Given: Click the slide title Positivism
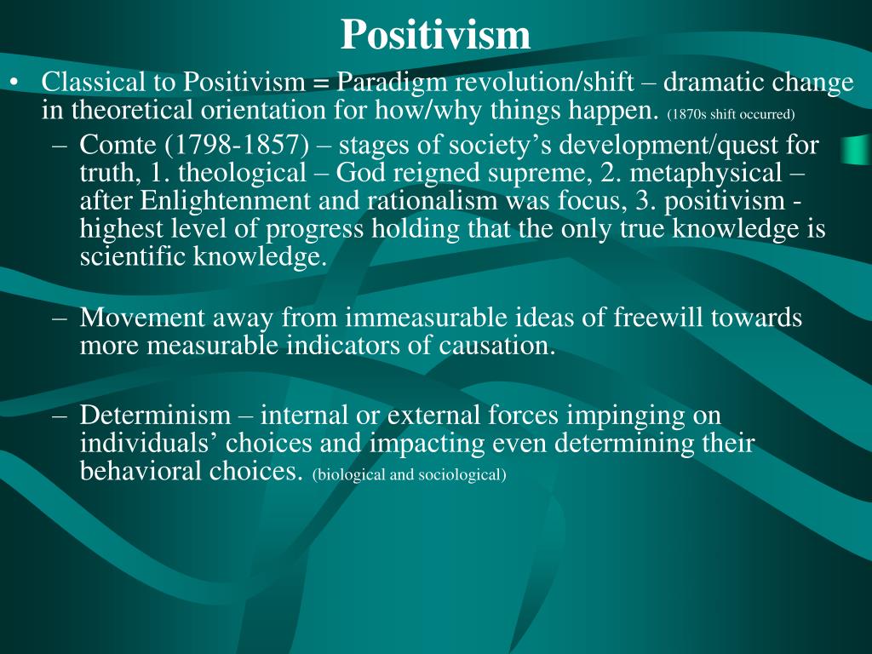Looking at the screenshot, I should [435, 35].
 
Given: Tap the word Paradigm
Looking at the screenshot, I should [389, 83].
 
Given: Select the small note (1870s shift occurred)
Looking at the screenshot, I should [731, 113].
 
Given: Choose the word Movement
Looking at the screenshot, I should [142, 318].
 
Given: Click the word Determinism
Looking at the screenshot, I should [155, 416].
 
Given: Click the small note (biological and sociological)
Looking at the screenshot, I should [410, 475].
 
